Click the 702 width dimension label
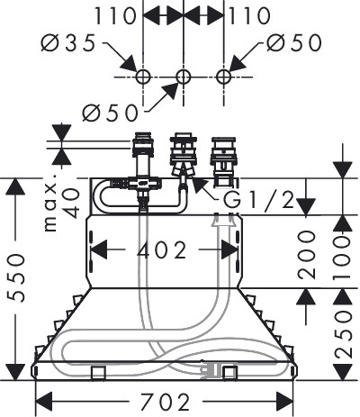pyautogui.click(x=166, y=402)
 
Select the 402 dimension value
pyautogui.click(x=162, y=249)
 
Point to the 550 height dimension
pyautogui.click(x=16, y=276)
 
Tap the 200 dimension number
pyautogui.click(x=307, y=254)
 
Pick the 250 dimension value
pyautogui.click(x=343, y=334)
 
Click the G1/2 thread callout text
pyautogui.click(x=259, y=200)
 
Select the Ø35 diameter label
pyautogui.click(x=68, y=43)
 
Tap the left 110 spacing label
pyautogui.click(x=116, y=15)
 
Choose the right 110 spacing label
pyautogui.click(x=249, y=15)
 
